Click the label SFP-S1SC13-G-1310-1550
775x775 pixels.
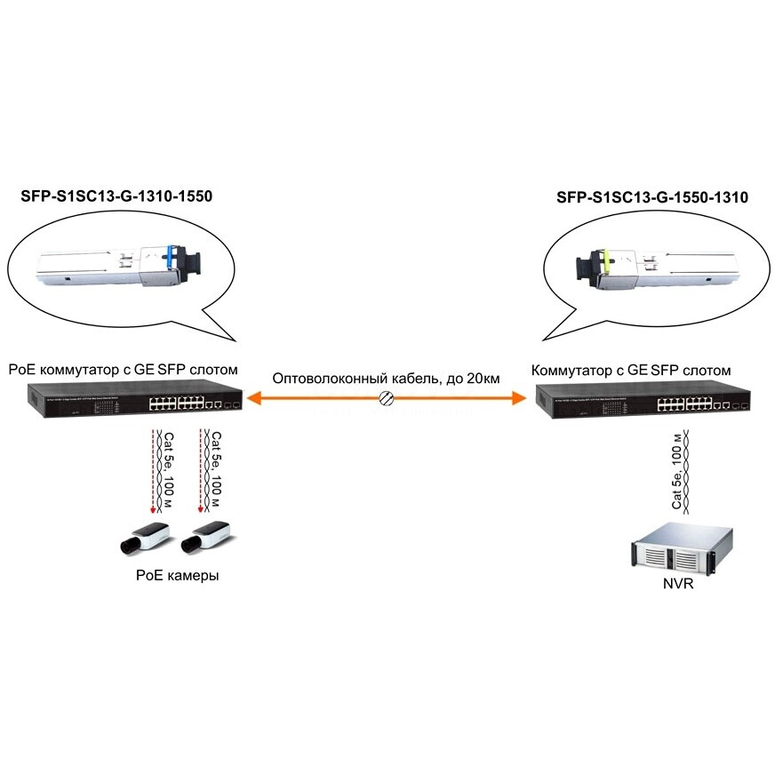point(116,197)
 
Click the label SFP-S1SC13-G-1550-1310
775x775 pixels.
point(651,197)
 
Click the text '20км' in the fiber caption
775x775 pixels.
point(483,379)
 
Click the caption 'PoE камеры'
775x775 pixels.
point(177,576)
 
